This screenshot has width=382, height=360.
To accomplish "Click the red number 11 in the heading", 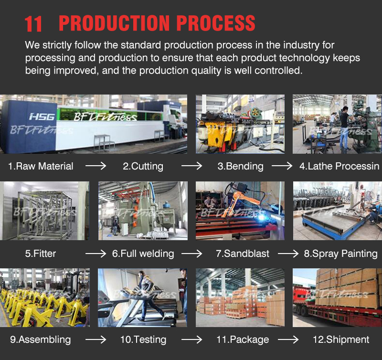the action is (33, 24).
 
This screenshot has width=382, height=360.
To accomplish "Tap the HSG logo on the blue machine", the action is (42, 117).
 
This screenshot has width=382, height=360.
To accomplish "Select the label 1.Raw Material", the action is (41, 166).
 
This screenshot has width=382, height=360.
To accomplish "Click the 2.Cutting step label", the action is (143, 166).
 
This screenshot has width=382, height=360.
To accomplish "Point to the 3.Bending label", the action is (241, 166).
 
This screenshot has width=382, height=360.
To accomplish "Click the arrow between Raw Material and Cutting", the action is (96, 166).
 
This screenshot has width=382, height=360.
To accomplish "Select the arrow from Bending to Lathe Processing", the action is (282, 166).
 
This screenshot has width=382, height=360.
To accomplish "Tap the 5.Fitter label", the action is (41, 254).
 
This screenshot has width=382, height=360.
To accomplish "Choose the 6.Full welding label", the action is (143, 254).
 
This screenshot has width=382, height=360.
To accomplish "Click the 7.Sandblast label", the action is (243, 254).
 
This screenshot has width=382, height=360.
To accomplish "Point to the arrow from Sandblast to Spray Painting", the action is (288, 254).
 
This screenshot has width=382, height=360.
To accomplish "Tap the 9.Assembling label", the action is (41, 339).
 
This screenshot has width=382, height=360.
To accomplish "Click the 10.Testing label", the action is (143, 339).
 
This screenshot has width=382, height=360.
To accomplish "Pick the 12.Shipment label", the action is (341, 339).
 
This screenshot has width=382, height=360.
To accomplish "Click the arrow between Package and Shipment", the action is (288, 339).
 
